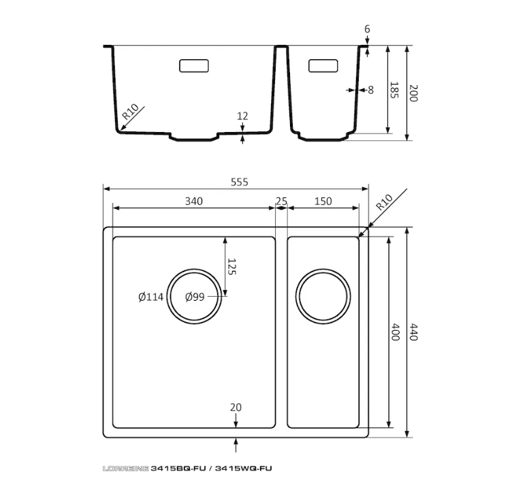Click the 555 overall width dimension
pyautogui.click(x=240, y=182)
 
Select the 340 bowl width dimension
pyautogui.click(x=194, y=201)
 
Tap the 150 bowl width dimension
pyautogui.click(x=323, y=201)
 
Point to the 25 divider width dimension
pyautogui.click(x=282, y=201)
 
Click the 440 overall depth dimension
pyautogui.click(x=414, y=332)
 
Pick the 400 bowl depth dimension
pyautogui.click(x=396, y=332)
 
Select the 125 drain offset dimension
pyautogui.click(x=231, y=267)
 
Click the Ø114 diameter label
pyautogui.click(x=150, y=297)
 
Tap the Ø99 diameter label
pyautogui.click(x=195, y=297)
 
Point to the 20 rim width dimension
pyautogui.click(x=236, y=407)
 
